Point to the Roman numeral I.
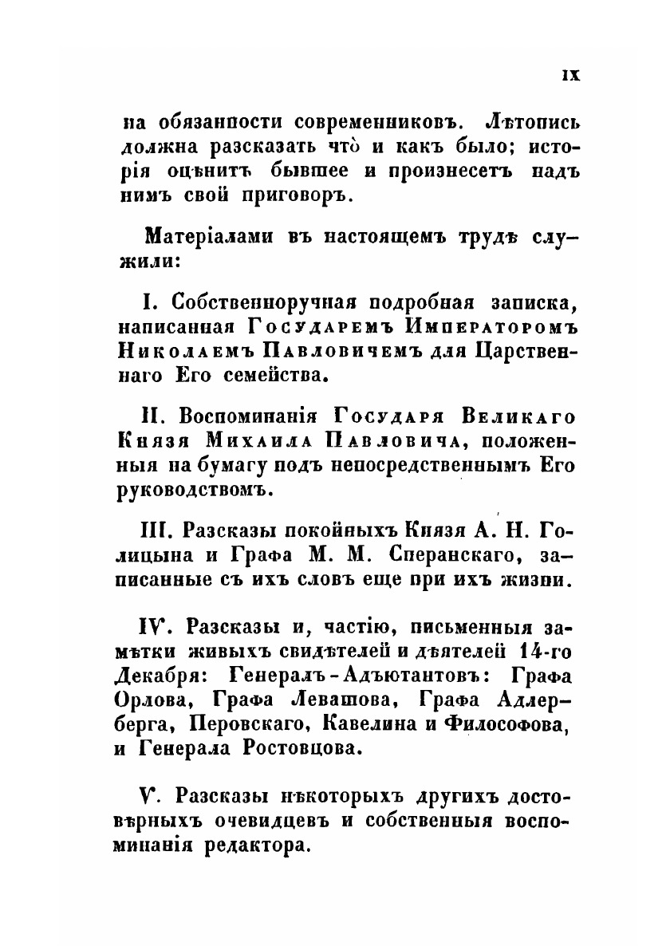coord(147,305)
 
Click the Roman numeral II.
coord(152,418)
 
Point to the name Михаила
coord(244,441)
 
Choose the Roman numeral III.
coord(156,532)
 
